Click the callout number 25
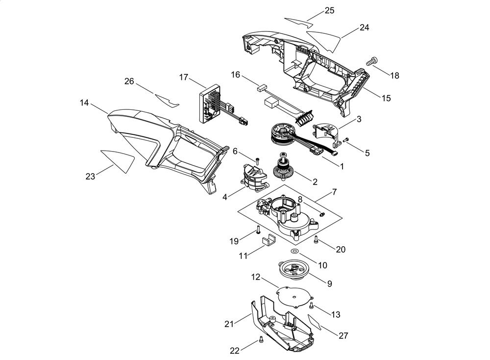pos(329,11)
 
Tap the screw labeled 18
pos(372,60)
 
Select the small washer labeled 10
pos(294,251)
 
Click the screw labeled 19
pos(258,230)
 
